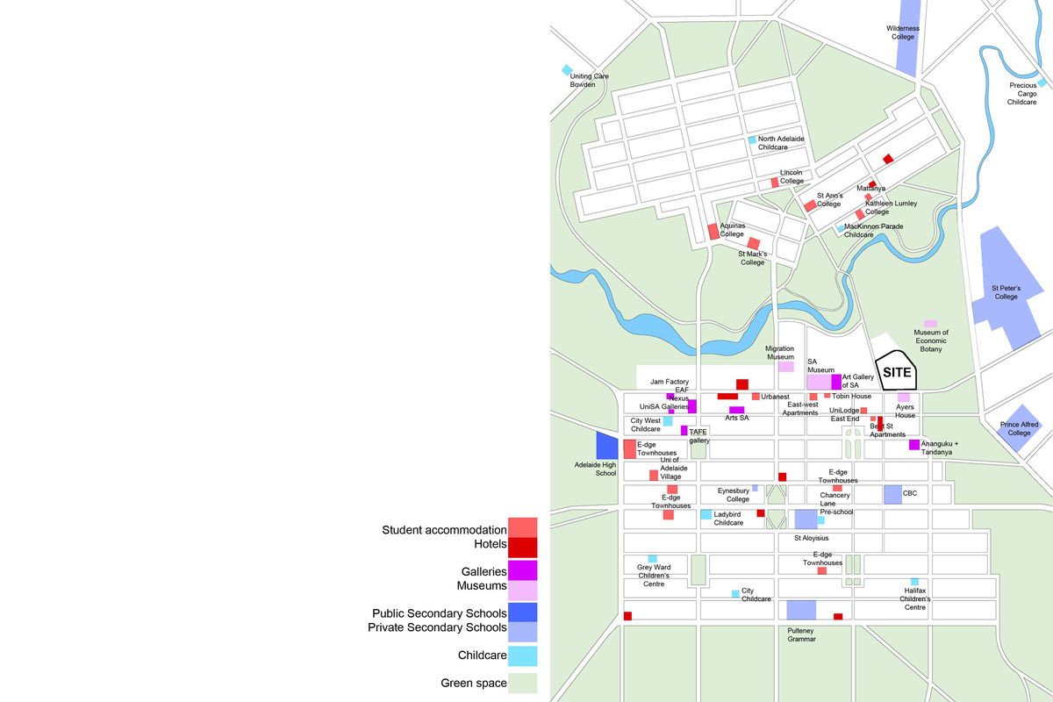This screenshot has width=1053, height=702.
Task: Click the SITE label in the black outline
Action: point(897,372)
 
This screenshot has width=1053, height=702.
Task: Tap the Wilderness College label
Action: point(902,32)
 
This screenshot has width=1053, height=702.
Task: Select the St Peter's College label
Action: point(1006,292)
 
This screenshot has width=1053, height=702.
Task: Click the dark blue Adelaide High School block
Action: point(607,445)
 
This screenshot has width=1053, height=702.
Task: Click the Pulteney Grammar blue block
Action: point(801,610)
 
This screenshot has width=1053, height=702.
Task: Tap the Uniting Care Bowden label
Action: point(589,80)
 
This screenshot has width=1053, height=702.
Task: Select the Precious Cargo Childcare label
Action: point(1022,94)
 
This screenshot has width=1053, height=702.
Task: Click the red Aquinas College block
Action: point(713,232)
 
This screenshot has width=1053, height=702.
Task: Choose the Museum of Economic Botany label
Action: point(931,340)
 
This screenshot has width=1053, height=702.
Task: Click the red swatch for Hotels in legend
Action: point(522,548)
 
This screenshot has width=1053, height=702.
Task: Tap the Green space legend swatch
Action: point(522,684)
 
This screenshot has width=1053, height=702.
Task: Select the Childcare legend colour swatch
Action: point(522,655)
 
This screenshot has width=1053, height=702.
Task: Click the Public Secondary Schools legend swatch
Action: point(522,612)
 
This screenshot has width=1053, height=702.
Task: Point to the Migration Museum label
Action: point(779,353)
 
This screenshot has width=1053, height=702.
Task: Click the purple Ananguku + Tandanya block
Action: point(913,445)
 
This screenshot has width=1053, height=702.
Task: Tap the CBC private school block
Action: point(892,494)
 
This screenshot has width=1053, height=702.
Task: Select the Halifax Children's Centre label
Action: point(915,599)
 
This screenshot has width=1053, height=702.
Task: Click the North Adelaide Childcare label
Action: point(780,143)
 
